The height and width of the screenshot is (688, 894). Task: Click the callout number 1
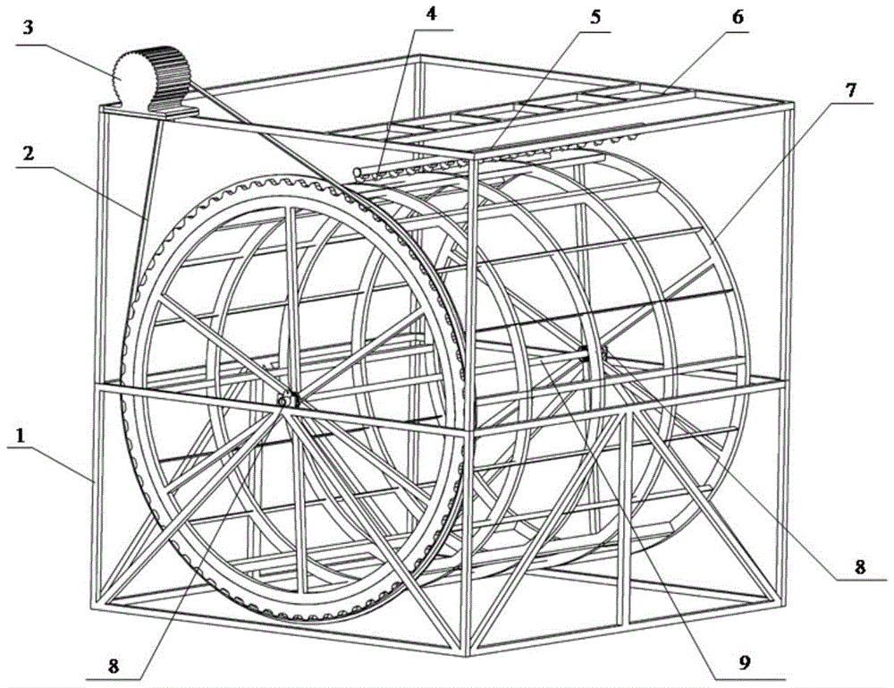21,437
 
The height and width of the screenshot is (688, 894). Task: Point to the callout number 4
431,13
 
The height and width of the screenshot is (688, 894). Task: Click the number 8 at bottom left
114,666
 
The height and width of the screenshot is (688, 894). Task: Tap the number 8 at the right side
860,566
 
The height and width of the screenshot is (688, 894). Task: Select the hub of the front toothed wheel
287,401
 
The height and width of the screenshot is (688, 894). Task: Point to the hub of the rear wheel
593,353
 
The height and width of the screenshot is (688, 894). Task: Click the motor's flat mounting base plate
172,113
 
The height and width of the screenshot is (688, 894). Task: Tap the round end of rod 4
357,171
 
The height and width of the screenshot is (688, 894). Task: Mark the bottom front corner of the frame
468,654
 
